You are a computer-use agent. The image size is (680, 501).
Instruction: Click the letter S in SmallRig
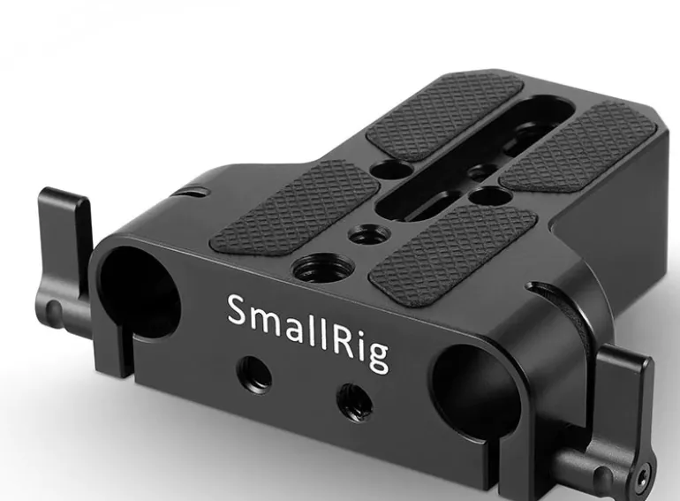239,310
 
